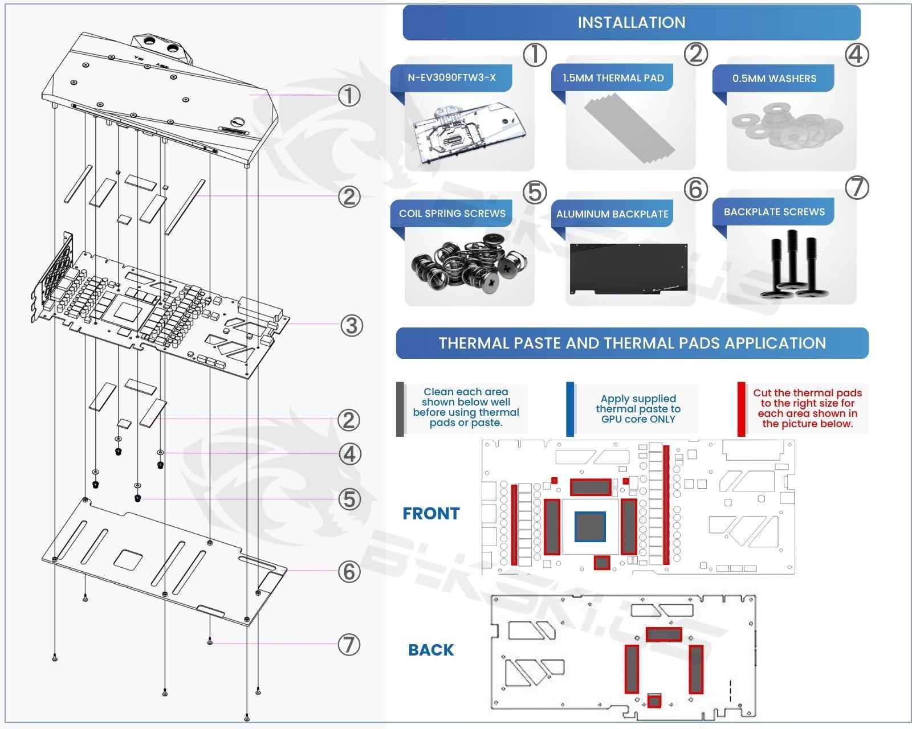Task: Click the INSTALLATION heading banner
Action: (x=632, y=22)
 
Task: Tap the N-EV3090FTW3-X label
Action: (x=451, y=77)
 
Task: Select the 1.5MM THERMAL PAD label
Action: (x=613, y=78)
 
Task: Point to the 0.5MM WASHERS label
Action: (x=774, y=79)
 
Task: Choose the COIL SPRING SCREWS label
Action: (x=452, y=214)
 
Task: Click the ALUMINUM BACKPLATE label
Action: (x=612, y=214)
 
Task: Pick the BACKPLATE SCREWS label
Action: (x=774, y=212)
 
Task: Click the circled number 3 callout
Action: (x=352, y=326)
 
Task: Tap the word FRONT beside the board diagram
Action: (x=431, y=513)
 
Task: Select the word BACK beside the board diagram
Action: (x=431, y=650)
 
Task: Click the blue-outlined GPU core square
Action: (x=590, y=526)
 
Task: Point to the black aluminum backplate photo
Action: (x=629, y=269)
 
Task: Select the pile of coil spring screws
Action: (x=469, y=262)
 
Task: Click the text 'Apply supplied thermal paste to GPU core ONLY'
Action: (x=638, y=409)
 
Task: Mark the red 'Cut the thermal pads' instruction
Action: (x=807, y=408)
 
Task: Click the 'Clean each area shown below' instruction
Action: (x=466, y=407)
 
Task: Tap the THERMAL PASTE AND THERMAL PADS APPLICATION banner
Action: (x=632, y=343)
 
